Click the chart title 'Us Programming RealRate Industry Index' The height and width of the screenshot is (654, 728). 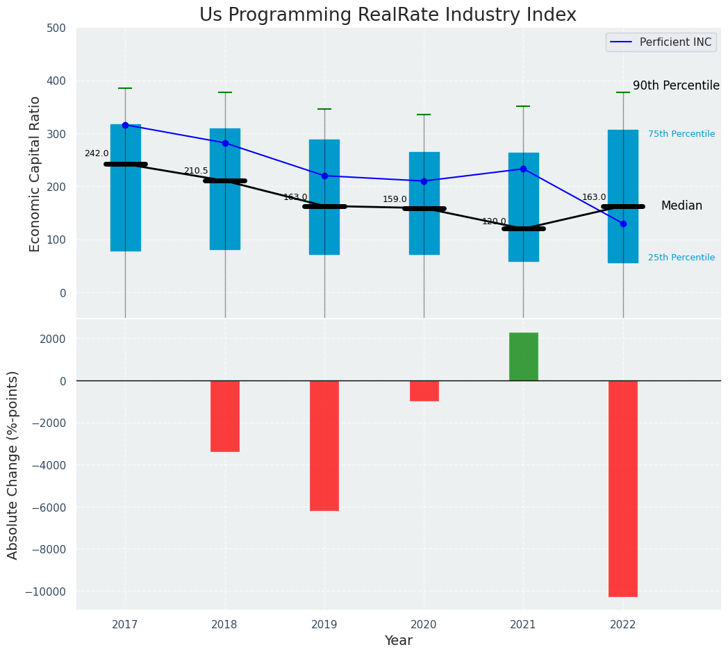(388, 15)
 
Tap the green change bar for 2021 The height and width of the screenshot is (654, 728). (523, 357)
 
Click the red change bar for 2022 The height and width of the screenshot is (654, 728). (622, 488)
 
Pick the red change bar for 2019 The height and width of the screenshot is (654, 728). (324, 445)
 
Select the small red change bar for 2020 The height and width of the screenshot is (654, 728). (424, 391)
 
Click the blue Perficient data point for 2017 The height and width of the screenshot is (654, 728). (125, 125)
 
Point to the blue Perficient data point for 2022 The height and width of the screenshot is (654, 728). (623, 224)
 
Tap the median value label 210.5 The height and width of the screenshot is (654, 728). (196, 171)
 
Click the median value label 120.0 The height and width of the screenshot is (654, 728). (494, 221)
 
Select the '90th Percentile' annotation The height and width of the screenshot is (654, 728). (676, 85)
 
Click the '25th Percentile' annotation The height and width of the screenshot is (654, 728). (681, 258)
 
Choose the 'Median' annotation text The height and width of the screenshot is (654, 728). (681, 206)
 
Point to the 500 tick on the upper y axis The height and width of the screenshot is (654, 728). (57, 28)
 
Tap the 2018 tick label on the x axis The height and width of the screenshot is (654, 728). (224, 624)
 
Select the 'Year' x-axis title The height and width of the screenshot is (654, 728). (399, 641)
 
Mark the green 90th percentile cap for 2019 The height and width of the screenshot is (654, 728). (324, 109)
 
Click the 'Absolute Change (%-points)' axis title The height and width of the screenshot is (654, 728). (13, 464)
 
